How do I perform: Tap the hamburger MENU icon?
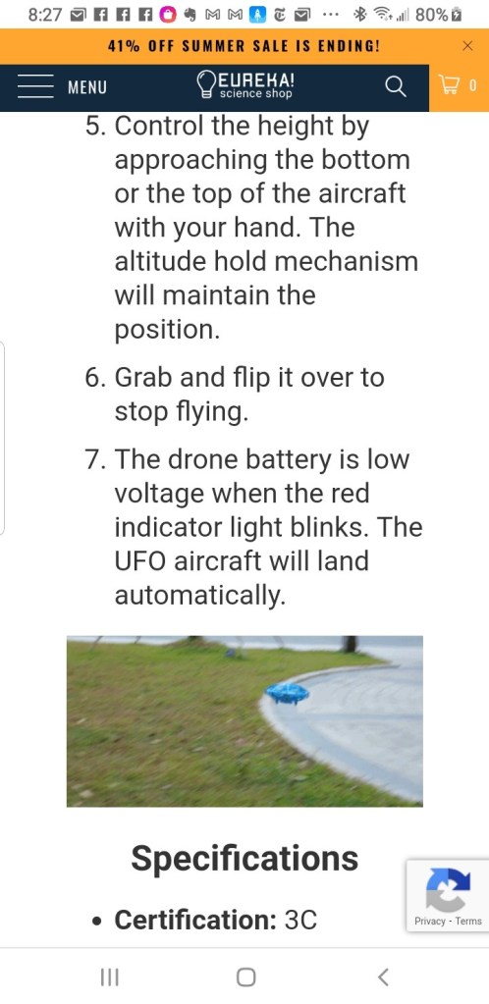[x=35, y=86]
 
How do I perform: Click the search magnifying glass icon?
[x=396, y=86]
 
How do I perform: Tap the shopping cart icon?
[x=450, y=85]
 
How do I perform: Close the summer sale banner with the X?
[x=467, y=45]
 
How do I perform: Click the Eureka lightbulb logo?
[x=206, y=85]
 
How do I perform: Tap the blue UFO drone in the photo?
[x=288, y=693]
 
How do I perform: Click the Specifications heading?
[x=244, y=858]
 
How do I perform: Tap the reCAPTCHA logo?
[x=449, y=889]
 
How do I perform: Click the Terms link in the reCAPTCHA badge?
[x=468, y=922]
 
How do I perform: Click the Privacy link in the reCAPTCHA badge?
[x=430, y=922]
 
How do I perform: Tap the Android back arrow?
[x=383, y=978]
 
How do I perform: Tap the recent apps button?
[x=110, y=978]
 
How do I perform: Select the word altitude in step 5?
[x=158, y=262]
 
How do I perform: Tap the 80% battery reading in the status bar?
[x=432, y=15]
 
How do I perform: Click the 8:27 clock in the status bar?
[x=45, y=15]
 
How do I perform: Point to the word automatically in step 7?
[x=199, y=596]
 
